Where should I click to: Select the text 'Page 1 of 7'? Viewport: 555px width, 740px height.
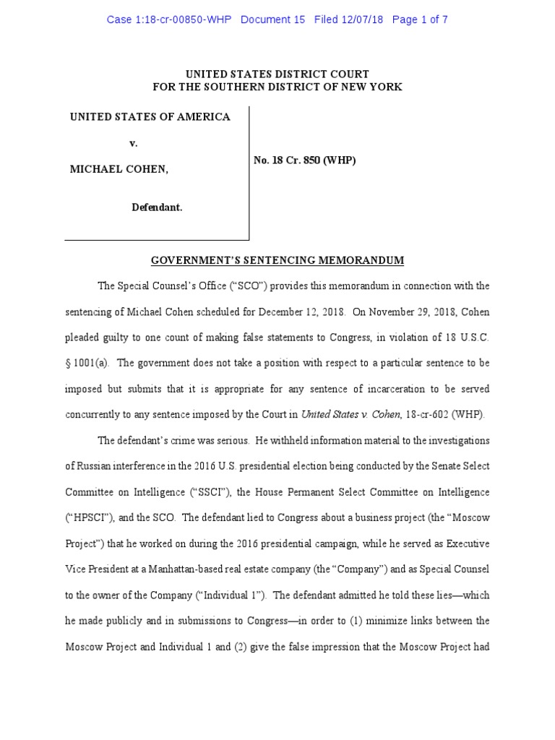(420, 20)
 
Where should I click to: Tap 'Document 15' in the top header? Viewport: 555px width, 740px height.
(272, 20)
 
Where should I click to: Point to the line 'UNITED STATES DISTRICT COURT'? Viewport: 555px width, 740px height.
(277, 74)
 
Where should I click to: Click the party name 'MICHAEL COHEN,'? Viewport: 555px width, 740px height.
(119, 169)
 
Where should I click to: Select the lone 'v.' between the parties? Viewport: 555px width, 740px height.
(134, 143)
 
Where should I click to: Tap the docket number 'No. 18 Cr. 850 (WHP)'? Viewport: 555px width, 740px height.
(304, 160)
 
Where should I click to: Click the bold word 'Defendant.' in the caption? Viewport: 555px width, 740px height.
(157, 207)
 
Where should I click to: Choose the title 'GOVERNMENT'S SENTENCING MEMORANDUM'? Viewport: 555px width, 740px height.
(277, 260)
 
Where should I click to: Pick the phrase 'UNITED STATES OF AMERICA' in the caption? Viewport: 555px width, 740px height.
(150, 117)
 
